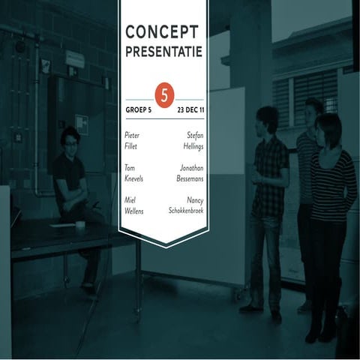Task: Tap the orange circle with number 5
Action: pyautogui.click(x=163, y=95)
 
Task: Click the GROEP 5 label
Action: pyautogui.click(x=139, y=109)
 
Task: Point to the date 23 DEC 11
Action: pyautogui.click(x=190, y=109)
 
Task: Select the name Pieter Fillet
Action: pyautogui.click(x=132, y=140)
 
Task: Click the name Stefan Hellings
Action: pyautogui.click(x=193, y=140)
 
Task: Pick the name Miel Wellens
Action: pyautogui.click(x=134, y=206)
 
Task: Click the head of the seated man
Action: pyautogui.click(x=69, y=140)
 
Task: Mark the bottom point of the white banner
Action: pyautogui.click(x=163, y=245)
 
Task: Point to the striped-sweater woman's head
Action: pyautogui.click(x=328, y=127)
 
